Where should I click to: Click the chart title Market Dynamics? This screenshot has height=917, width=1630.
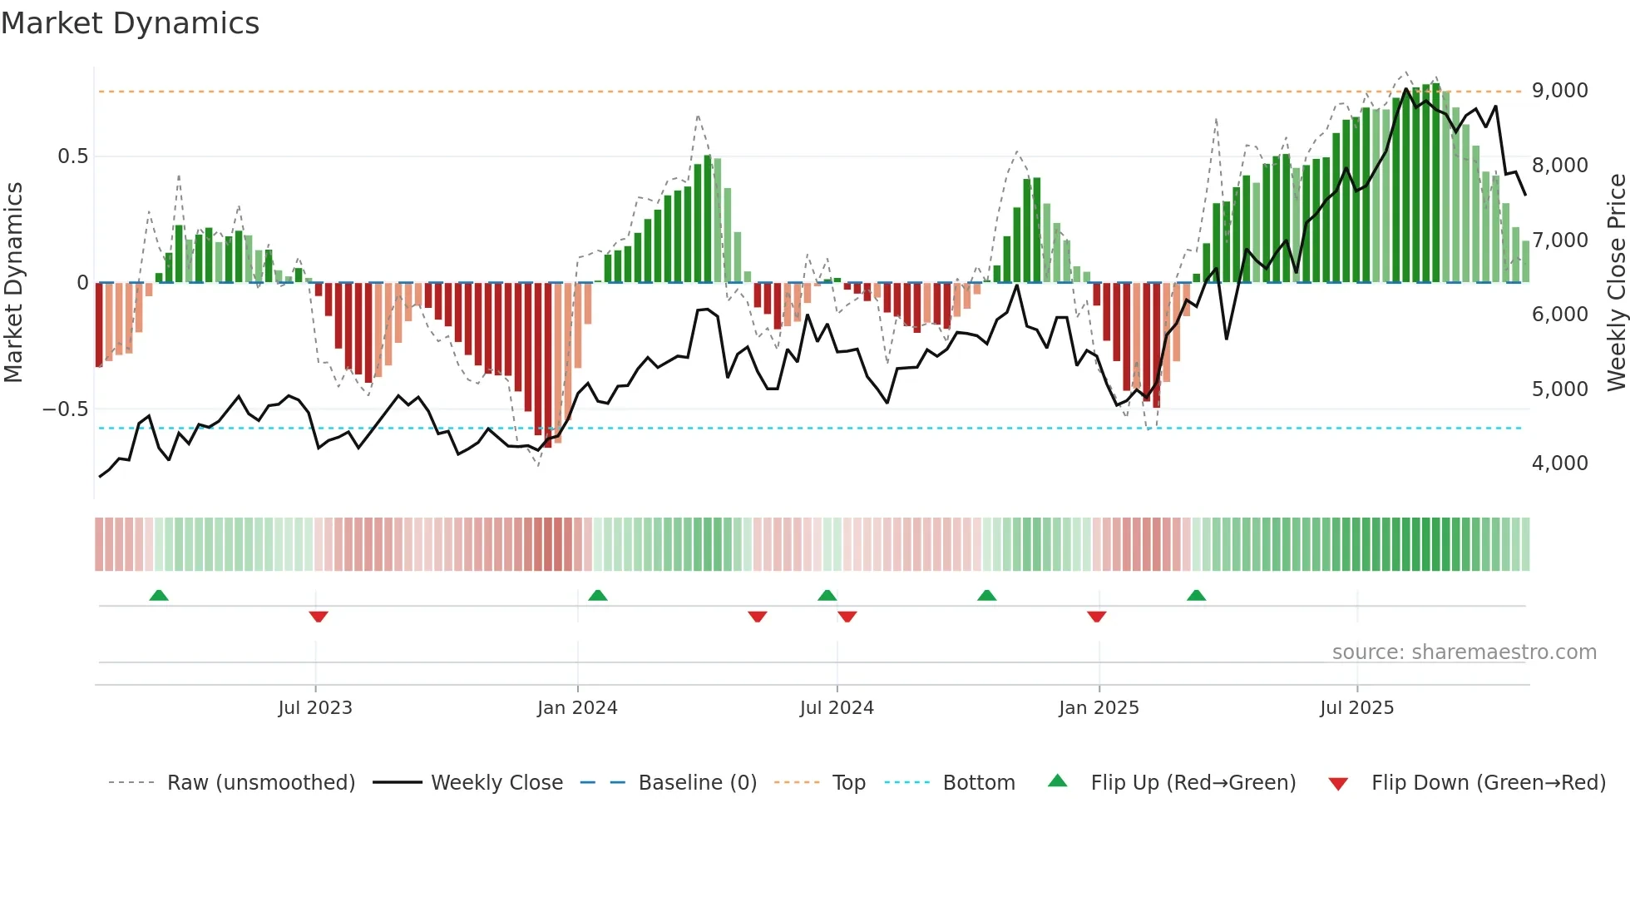[130, 23]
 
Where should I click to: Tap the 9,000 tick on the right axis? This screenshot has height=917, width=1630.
[1559, 91]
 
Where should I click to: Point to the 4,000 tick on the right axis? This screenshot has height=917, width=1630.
[1559, 463]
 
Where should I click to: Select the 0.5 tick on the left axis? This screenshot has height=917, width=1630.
[72, 156]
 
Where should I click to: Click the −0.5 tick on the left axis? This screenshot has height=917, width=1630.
[65, 409]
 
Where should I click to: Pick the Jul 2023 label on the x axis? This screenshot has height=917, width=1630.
[315, 708]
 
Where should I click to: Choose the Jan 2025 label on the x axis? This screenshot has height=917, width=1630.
[1099, 708]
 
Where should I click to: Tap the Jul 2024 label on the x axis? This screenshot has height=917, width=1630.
[837, 708]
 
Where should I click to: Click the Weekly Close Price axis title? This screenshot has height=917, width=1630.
[1616, 283]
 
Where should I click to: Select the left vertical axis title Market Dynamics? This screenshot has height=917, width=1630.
[13, 283]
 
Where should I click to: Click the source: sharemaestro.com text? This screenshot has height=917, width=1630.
[1464, 652]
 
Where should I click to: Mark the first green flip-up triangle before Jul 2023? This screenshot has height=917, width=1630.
[159, 595]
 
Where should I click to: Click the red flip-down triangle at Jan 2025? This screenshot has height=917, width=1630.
[1096, 617]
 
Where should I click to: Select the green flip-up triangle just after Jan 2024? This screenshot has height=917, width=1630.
[597, 595]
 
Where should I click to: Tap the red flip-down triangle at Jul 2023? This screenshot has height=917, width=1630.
[319, 617]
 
